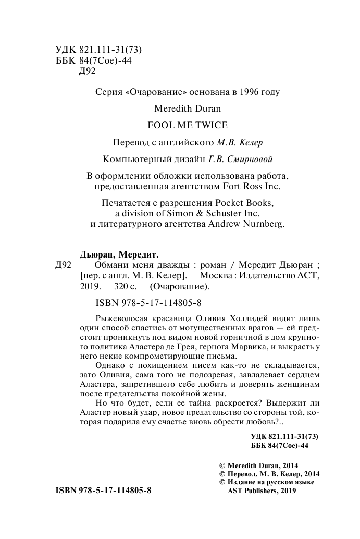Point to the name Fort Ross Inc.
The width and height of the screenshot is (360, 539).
pyautogui.click(x=254, y=186)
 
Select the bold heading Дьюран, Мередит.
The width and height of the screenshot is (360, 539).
pyautogui.click(x=119, y=254)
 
